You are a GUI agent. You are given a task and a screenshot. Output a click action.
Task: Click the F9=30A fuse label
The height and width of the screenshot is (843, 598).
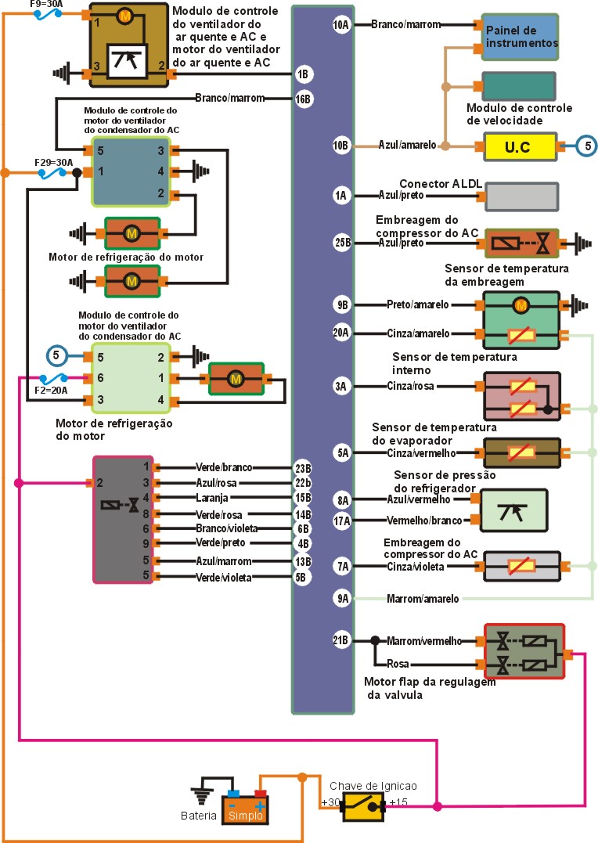[46, 4]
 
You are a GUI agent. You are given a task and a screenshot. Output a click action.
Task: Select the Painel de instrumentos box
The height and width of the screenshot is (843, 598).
[520, 37]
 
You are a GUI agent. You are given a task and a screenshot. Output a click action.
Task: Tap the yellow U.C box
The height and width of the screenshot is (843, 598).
[520, 146]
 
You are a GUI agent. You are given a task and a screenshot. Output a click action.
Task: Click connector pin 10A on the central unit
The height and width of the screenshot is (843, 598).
[341, 25]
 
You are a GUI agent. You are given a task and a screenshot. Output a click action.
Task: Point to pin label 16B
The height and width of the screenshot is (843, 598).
[304, 99]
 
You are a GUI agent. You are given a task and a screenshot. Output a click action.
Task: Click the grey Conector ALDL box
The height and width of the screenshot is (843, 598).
[521, 196]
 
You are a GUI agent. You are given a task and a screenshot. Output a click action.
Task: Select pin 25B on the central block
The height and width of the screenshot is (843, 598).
[342, 243]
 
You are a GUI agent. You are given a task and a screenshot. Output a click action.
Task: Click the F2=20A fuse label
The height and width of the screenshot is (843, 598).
[52, 389]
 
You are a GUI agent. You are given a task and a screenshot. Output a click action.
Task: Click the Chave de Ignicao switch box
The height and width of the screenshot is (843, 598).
[363, 806]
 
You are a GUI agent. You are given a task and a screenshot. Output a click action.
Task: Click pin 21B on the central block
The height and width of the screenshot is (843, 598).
[340, 640]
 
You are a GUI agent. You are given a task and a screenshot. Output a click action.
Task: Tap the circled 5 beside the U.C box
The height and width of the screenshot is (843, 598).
[587, 145]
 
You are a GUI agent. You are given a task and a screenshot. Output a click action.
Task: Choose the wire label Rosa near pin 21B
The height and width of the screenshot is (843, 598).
[398, 665]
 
